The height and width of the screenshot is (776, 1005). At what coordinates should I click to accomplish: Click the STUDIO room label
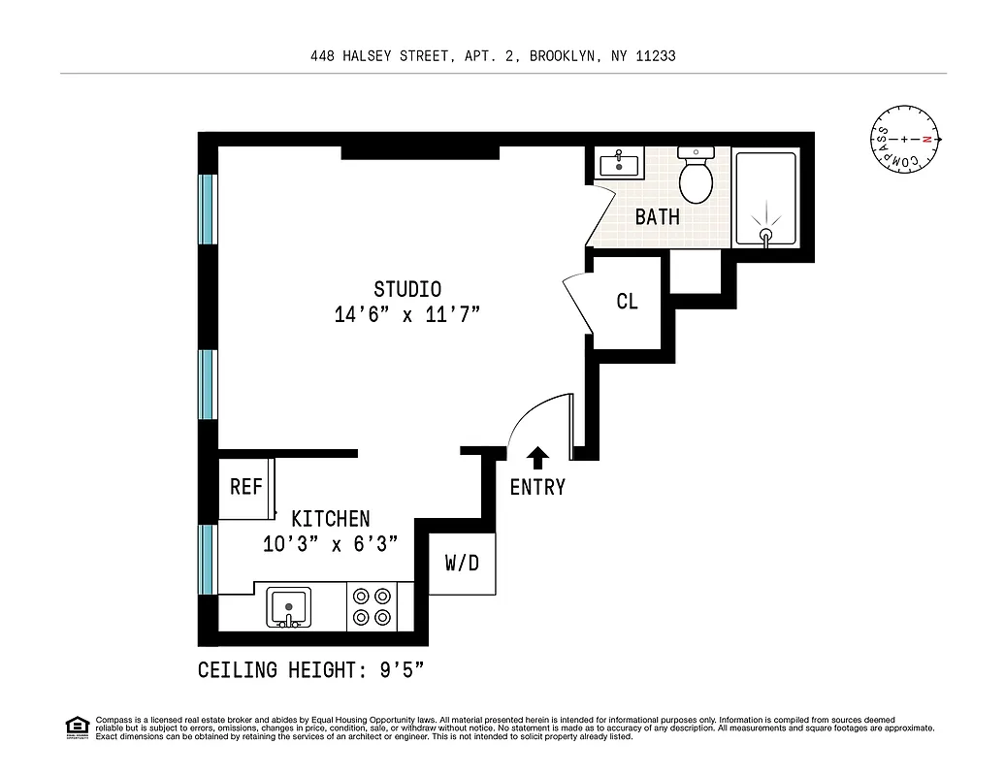(407, 289)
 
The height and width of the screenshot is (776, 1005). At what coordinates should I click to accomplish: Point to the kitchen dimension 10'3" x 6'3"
(331, 544)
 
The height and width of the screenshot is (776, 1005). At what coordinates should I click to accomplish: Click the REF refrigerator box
(246, 487)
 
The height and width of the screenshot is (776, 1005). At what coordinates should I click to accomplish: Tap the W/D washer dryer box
(462, 564)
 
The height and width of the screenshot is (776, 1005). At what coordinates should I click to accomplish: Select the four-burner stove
(372, 607)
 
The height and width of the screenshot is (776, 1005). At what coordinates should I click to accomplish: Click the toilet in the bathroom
(696, 176)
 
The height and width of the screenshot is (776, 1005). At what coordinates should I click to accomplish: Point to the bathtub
(766, 198)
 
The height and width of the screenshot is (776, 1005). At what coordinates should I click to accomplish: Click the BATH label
(657, 217)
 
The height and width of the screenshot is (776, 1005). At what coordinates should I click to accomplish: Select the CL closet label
(628, 302)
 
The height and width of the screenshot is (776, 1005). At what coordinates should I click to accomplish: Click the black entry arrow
(537, 457)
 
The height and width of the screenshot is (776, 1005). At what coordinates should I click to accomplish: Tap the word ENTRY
(537, 487)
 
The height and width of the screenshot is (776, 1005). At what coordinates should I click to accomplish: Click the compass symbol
(904, 140)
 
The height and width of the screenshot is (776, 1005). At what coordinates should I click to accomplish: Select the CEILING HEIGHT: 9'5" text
(311, 670)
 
